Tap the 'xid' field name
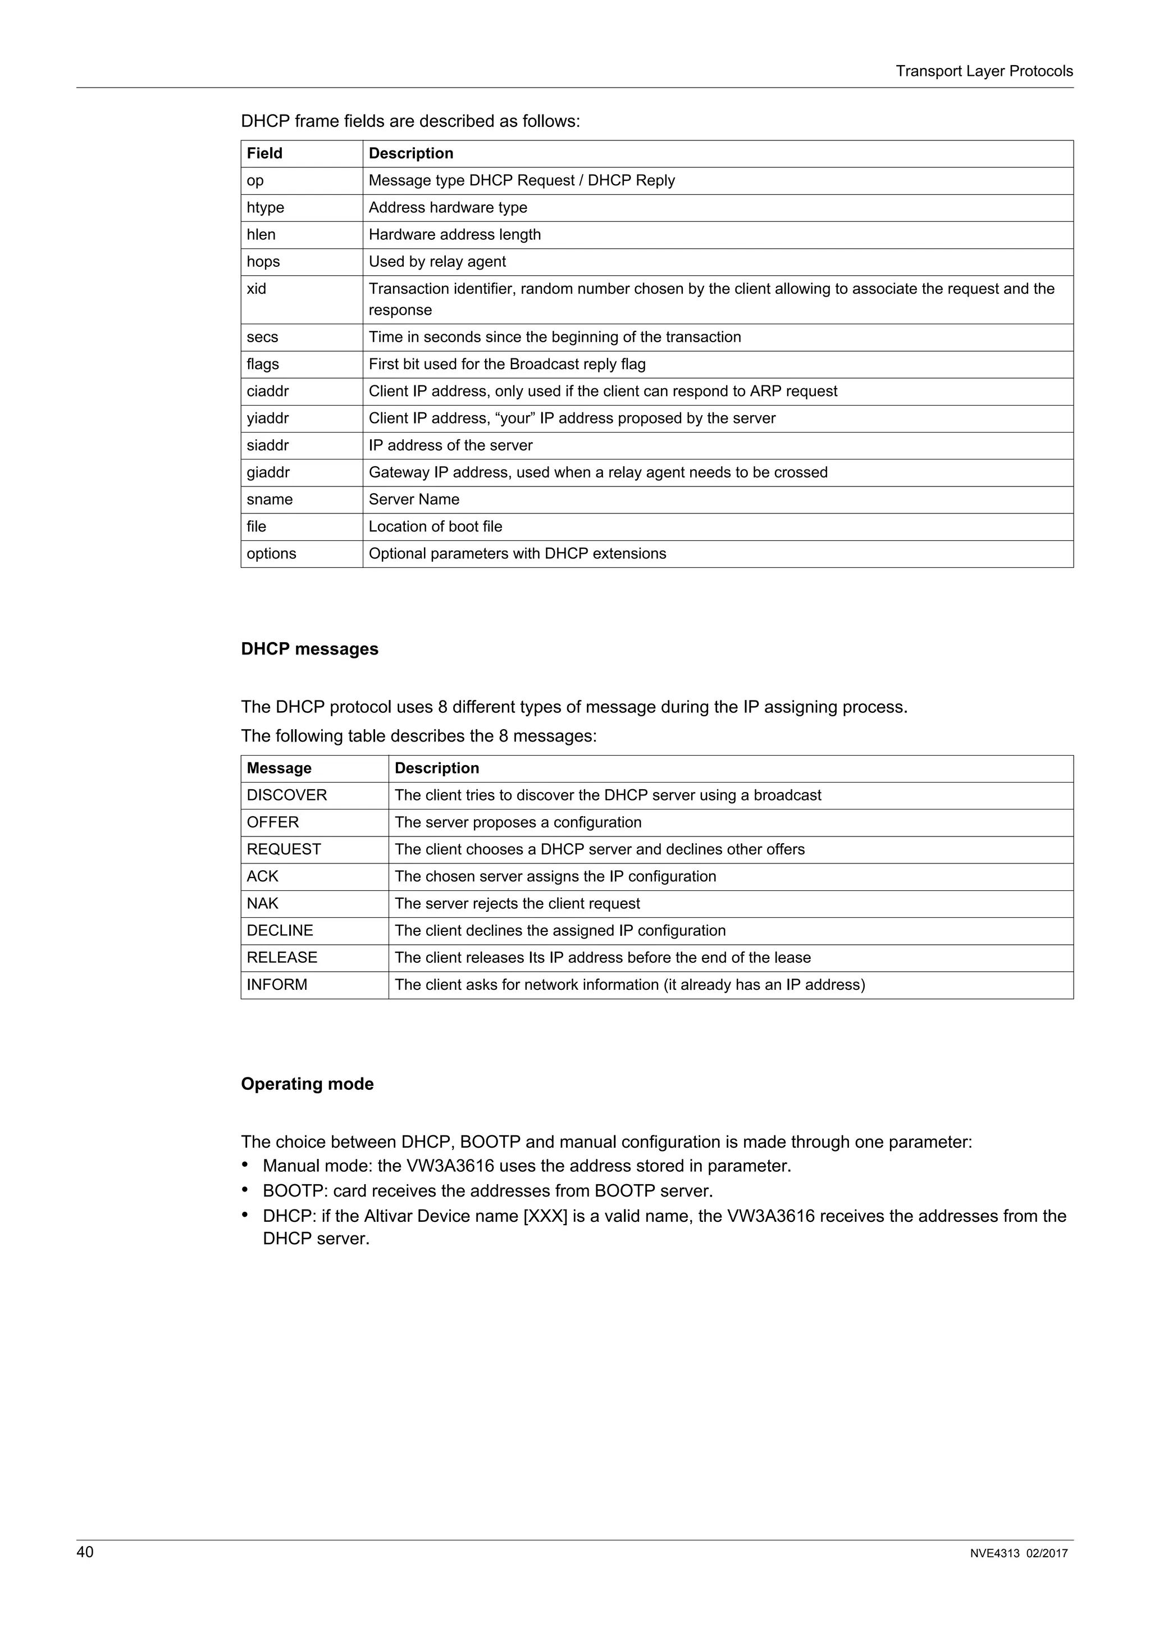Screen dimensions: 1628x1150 (257, 289)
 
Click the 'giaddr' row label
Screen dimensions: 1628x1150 (268, 472)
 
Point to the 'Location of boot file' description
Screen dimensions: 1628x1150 (435, 526)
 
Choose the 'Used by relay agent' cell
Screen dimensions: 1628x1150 (437, 262)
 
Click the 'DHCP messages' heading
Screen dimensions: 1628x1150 (309, 649)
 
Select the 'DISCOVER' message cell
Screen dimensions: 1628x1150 (287, 795)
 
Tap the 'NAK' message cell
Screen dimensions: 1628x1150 (262, 903)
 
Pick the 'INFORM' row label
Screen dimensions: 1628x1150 (277, 984)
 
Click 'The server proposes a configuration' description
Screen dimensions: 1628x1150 (518, 822)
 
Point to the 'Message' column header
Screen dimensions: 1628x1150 (279, 768)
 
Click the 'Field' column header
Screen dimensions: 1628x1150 (264, 153)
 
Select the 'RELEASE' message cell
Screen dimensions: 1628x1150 (282, 957)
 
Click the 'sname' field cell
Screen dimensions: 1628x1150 (270, 499)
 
